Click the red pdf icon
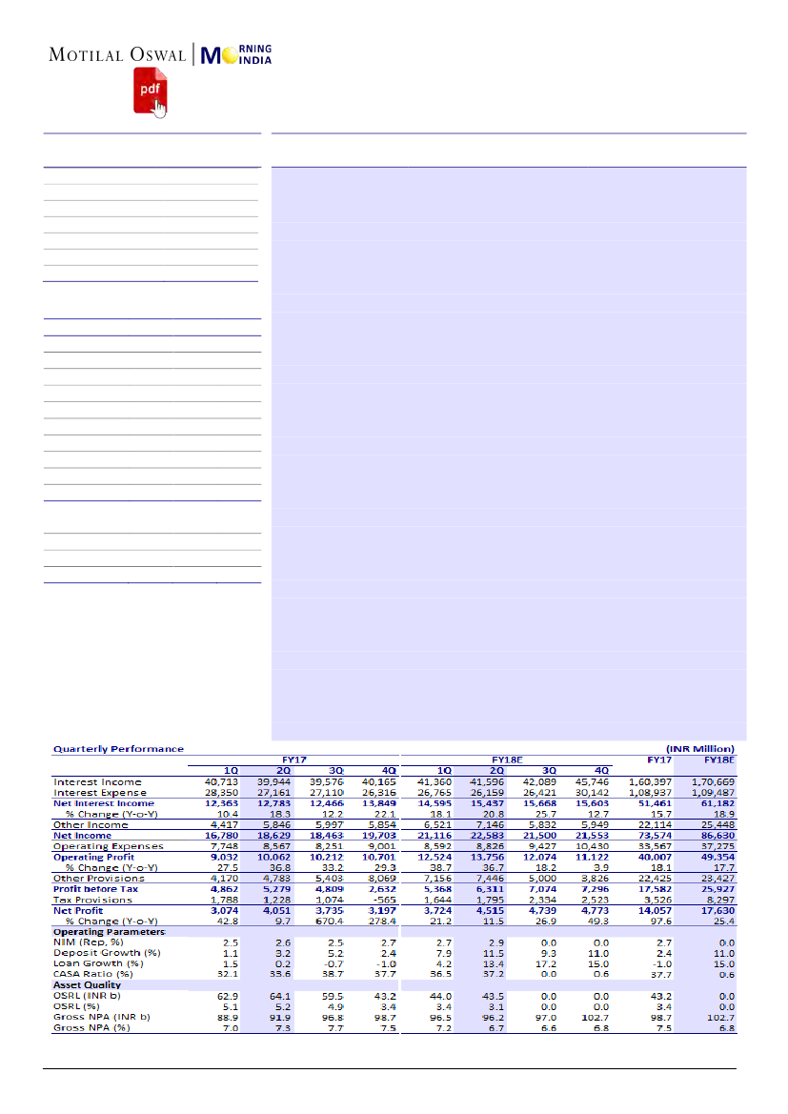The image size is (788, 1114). coord(150,90)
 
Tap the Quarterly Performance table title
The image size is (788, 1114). coord(118,749)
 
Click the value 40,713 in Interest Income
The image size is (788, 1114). coord(223,781)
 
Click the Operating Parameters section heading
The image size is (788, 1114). coord(109,931)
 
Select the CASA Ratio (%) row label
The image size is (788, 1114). coord(93,974)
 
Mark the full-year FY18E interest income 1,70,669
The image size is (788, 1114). coord(717,781)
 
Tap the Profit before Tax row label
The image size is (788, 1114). coord(95,888)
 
